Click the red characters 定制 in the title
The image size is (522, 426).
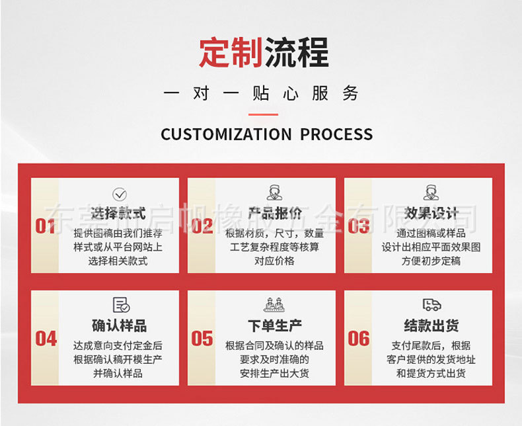click(231, 52)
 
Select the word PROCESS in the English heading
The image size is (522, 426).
click(336, 134)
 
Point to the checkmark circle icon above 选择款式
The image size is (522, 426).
click(119, 194)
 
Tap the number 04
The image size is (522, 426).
click(46, 339)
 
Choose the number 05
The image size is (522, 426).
click(202, 339)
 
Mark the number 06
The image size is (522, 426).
click(358, 339)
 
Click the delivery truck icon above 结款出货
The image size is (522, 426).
click(431, 305)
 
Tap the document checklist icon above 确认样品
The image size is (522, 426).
click(120, 305)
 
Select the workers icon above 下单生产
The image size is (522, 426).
click(275, 305)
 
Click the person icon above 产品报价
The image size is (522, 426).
click(275, 193)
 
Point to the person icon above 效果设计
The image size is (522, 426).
click(431, 193)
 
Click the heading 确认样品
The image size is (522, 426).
click(119, 326)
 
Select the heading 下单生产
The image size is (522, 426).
click(275, 326)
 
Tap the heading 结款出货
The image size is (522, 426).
click(431, 326)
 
